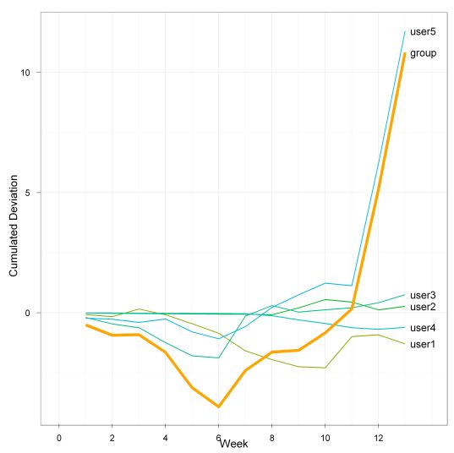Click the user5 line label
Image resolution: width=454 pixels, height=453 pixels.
click(423, 32)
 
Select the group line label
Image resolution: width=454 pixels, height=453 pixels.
click(423, 53)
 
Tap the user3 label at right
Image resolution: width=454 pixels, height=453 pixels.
click(423, 295)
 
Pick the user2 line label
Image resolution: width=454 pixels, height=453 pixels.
click(423, 307)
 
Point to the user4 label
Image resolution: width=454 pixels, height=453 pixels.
click(423, 328)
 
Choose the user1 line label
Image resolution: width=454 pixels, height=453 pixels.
click(423, 344)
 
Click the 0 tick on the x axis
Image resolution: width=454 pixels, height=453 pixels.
click(59, 437)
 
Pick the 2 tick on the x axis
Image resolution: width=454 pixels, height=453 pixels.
click(112, 437)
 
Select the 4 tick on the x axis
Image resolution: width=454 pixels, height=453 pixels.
click(166, 437)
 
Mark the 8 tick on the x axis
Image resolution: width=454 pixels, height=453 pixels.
click(272, 437)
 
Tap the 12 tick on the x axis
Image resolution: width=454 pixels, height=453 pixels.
click(379, 437)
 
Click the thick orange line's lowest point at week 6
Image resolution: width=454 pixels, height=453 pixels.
click(219, 407)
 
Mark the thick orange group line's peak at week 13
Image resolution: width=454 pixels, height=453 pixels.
click(405, 53)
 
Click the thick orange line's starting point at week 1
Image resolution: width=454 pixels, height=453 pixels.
click(86, 325)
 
